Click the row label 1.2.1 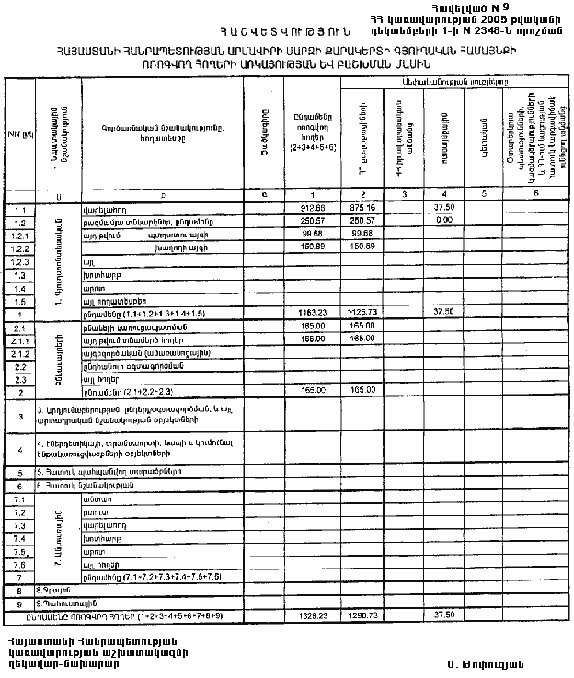[18, 235]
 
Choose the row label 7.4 [17, 535]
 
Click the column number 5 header [482, 195]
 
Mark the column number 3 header [405, 195]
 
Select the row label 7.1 [17, 498]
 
